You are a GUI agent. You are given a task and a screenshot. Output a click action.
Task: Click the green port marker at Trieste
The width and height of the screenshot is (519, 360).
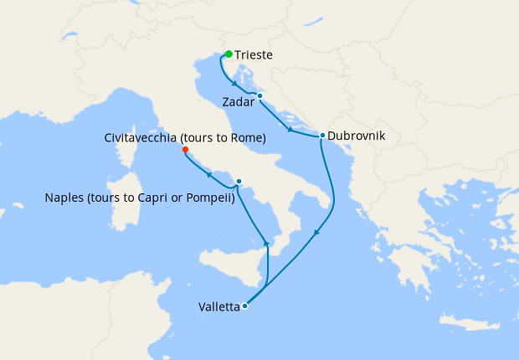tap(229, 54)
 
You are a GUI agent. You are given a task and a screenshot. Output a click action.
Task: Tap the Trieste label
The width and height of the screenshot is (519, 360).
tap(254, 55)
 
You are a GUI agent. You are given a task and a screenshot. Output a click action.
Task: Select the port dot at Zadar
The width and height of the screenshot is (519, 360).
tap(260, 96)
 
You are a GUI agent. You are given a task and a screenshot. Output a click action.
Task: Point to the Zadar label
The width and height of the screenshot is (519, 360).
tap(239, 101)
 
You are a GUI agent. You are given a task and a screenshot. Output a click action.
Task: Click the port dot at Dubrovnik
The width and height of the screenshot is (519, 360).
tap(322, 135)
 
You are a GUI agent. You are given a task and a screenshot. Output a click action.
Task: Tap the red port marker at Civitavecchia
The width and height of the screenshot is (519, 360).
tap(185, 150)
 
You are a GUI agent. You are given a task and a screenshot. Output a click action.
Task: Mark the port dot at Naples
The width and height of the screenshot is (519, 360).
tap(239, 181)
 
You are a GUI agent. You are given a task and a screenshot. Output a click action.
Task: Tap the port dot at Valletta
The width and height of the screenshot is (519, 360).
tap(244, 306)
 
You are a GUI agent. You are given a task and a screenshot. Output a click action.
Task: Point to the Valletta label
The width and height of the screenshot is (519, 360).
tap(218, 306)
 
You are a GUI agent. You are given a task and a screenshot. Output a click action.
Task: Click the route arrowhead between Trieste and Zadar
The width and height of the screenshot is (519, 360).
tap(234, 84)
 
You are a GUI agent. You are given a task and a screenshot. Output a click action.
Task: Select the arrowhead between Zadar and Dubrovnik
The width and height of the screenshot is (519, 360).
tap(290, 130)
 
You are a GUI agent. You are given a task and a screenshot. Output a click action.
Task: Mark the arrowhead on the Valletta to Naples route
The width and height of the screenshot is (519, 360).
tap(266, 242)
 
